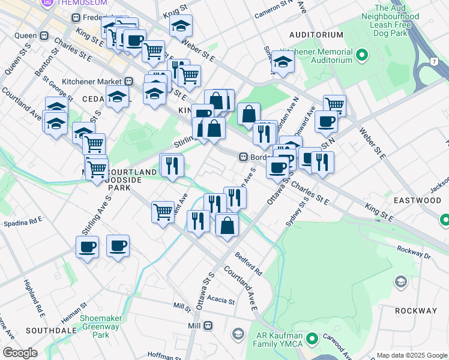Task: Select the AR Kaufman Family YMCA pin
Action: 312,340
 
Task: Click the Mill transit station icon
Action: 208,325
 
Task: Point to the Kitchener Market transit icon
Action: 128,81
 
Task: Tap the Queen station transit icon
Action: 44,35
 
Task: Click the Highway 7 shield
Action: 432,62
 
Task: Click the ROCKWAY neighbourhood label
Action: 416,311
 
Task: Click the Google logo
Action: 20,353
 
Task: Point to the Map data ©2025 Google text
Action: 411,355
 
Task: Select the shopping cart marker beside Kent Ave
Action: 163,212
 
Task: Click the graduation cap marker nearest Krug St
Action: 181,26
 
